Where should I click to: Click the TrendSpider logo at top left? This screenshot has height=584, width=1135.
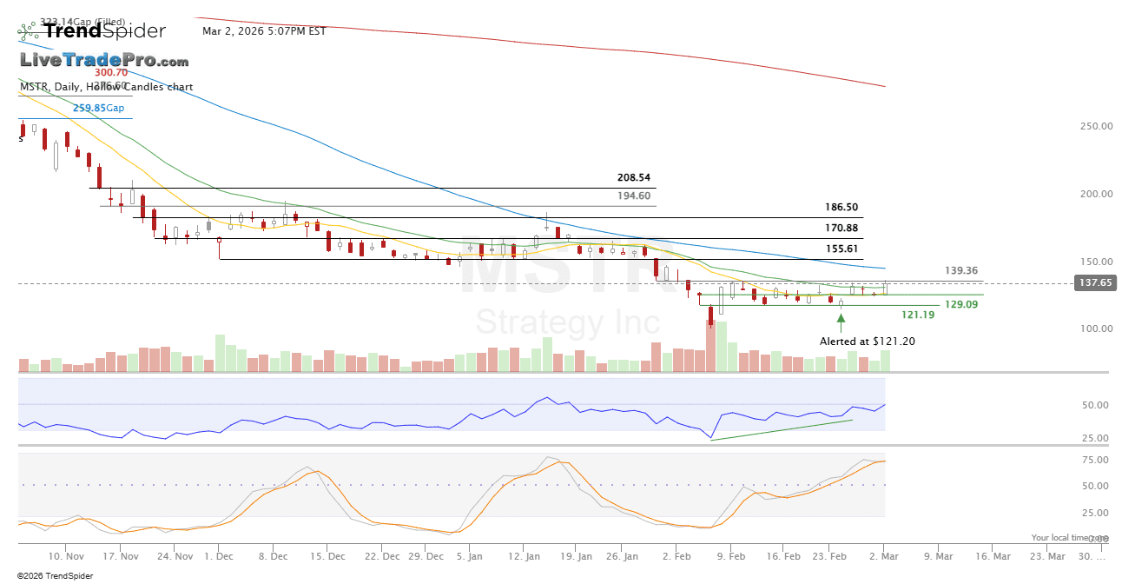click(92, 31)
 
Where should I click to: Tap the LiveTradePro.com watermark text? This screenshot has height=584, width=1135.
click(104, 61)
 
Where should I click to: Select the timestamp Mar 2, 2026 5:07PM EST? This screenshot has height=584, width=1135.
click(264, 31)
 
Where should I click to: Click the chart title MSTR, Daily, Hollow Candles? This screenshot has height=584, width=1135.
click(106, 87)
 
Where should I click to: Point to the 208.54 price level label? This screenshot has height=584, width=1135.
click(634, 177)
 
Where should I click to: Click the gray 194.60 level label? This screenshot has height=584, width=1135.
click(634, 196)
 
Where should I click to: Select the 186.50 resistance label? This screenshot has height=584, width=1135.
click(841, 208)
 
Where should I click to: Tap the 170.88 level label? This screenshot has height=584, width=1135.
click(841, 229)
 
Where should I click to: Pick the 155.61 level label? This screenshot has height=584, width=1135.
click(841, 249)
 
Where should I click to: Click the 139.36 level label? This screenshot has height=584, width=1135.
click(961, 271)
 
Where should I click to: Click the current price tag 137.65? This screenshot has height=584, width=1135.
click(1094, 283)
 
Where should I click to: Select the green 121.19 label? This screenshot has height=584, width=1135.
click(918, 315)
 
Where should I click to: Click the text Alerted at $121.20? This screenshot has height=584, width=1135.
click(867, 342)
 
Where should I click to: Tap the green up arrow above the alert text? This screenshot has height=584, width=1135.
click(841, 325)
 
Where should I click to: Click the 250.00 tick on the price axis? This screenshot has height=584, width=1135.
click(1096, 127)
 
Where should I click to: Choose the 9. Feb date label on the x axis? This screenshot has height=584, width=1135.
click(731, 556)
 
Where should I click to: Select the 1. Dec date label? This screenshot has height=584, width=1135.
click(219, 556)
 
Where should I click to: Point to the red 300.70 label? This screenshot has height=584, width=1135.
click(111, 73)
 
